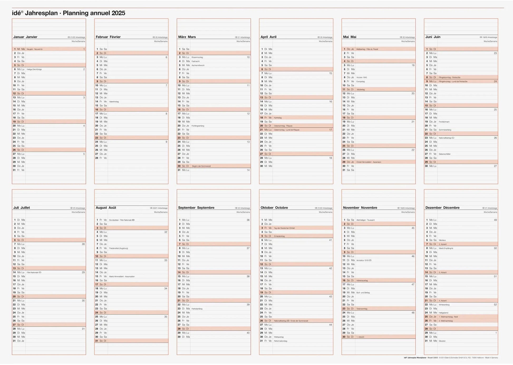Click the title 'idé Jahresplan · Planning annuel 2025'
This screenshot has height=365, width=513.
(69, 13)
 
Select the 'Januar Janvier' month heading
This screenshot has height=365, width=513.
(25, 37)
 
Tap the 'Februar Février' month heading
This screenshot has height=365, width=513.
(108, 37)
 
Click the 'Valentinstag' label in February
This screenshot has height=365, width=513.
(114, 102)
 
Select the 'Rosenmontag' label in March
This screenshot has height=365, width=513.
(197, 57)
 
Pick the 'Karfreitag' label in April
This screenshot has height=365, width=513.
(278, 118)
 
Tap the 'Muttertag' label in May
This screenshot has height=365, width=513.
(361, 90)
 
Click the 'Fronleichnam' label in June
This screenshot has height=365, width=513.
(444, 122)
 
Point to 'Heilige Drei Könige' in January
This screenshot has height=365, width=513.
(34, 69)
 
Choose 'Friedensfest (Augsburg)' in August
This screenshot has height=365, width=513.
(119, 248)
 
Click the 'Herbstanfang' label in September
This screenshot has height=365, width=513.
(197, 309)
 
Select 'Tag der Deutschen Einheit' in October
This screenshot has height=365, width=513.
(284, 228)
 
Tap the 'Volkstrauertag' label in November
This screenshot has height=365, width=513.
(362, 281)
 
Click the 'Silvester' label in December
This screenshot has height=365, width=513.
(442, 341)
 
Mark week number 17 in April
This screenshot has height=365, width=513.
(331, 130)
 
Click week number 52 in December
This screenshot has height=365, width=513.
(495, 305)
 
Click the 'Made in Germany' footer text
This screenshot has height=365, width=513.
(492, 358)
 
